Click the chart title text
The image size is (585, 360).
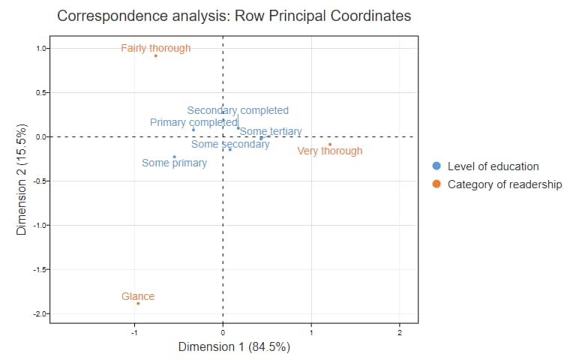pyautogui.click(x=234, y=16)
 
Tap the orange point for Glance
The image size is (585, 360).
pyautogui.click(x=138, y=303)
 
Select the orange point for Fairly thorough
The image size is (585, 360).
pyautogui.click(x=155, y=55)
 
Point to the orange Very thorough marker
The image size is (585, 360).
pyautogui.click(x=329, y=144)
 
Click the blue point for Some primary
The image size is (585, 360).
pyautogui.click(x=174, y=157)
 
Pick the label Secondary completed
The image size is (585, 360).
pyautogui.click(x=238, y=110)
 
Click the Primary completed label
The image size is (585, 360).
pyautogui.click(x=193, y=122)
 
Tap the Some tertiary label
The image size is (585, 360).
pyautogui.click(x=271, y=131)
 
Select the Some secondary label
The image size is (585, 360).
pyautogui.click(x=230, y=144)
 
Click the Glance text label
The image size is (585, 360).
pyautogui.click(x=138, y=296)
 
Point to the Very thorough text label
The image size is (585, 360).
pyautogui.click(x=330, y=151)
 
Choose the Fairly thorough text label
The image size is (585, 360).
pyautogui.click(x=156, y=48)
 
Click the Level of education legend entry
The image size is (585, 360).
pyautogui.click(x=493, y=166)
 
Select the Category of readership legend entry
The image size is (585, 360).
pyautogui.click(x=504, y=184)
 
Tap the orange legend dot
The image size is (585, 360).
pyautogui.click(x=436, y=184)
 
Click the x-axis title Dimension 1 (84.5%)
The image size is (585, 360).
pyautogui.click(x=234, y=347)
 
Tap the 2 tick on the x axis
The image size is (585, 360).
pyautogui.click(x=400, y=331)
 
